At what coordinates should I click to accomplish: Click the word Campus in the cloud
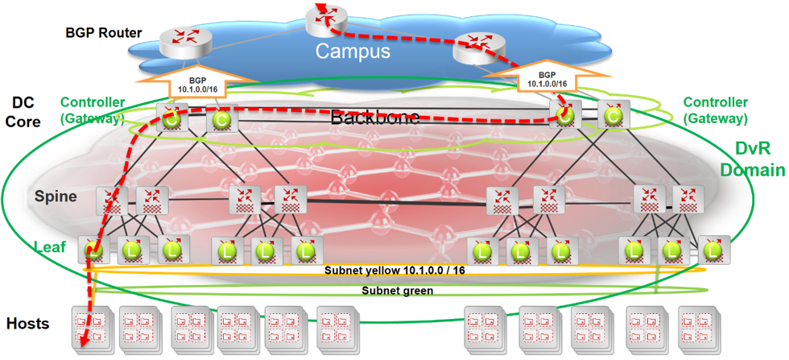352,52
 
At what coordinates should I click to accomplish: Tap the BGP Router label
104,33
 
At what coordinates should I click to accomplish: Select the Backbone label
375,117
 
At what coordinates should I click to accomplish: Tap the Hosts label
27,324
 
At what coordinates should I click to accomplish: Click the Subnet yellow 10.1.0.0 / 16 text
394,271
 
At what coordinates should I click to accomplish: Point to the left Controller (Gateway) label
93,110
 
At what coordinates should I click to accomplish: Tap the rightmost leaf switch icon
713,250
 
